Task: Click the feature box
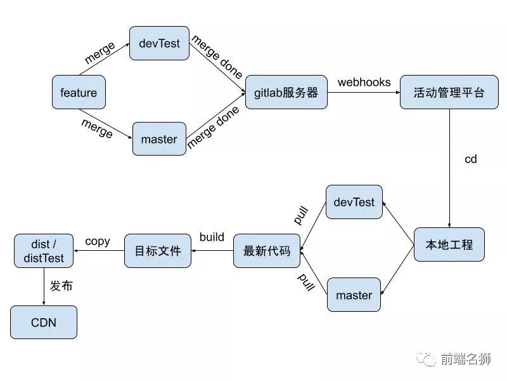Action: pyautogui.click(x=79, y=93)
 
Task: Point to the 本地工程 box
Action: pyautogui.click(x=449, y=244)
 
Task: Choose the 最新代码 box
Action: pyautogui.click(x=266, y=251)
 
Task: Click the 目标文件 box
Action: pyautogui.click(x=157, y=251)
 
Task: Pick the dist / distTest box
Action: pyautogui.click(x=44, y=251)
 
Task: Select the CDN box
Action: pyautogui.click(x=44, y=323)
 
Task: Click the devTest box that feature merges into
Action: pyautogui.click(x=159, y=43)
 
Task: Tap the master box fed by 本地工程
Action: pyautogui.click(x=354, y=295)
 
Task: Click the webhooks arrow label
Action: pyautogui.click(x=364, y=83)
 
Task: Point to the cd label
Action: pyautogui.click(x=470, y=159)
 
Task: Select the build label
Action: pyautogui.click(x=212, y=237)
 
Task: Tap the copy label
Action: pyautogui.click(x=98, y=241)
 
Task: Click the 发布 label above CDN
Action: pyautogui.click(x=61, y=286)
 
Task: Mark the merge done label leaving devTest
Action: pyautogui.click(x=217, y=56)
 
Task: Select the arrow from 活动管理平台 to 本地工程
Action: pyautogui.click(x=449, y=168)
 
